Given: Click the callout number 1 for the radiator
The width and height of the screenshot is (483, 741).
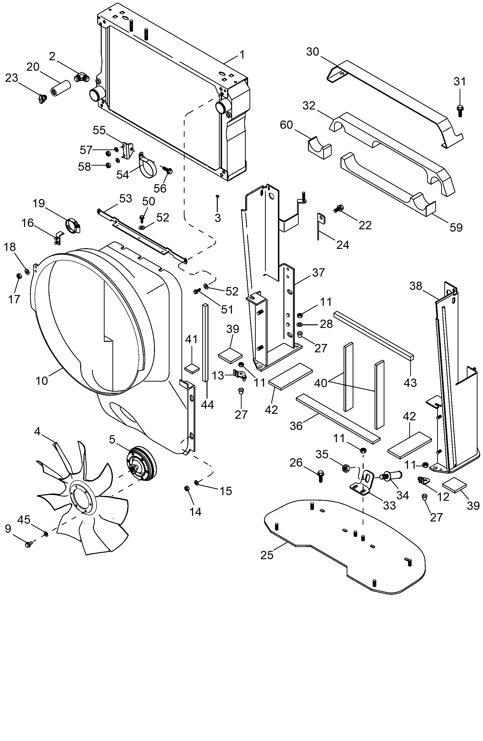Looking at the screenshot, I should (242, 55).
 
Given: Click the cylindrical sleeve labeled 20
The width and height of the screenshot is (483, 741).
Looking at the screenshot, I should (61, 85).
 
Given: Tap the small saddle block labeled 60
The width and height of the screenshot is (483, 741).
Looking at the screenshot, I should (319, 147).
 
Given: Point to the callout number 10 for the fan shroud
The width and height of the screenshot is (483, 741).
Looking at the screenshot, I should (42, 380).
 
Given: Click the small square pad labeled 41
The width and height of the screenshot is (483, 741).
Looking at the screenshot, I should (192, 368).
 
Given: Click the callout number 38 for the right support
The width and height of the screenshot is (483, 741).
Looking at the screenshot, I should (415, 286).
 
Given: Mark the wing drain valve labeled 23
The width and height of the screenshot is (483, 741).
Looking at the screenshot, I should (42, 99).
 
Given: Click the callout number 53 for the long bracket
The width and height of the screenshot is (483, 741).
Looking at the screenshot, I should (126, 199).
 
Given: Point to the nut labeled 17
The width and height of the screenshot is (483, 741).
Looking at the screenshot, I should (18, 276).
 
